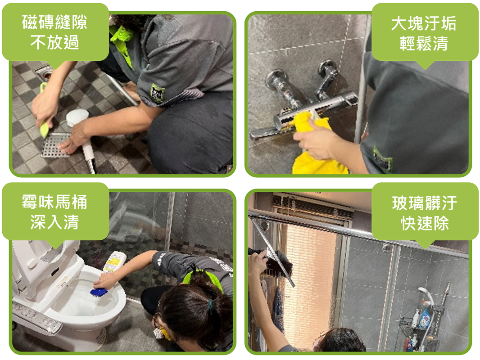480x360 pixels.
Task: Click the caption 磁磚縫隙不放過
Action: [55, 32]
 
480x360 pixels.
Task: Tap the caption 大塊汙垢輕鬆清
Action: [424, 33]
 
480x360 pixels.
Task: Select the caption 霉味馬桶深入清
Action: [55, 211]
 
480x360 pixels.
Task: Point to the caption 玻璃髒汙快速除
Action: [425, 213]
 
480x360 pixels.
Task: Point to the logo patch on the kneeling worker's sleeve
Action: [157, 93]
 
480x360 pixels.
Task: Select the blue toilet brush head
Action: [99, 292]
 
